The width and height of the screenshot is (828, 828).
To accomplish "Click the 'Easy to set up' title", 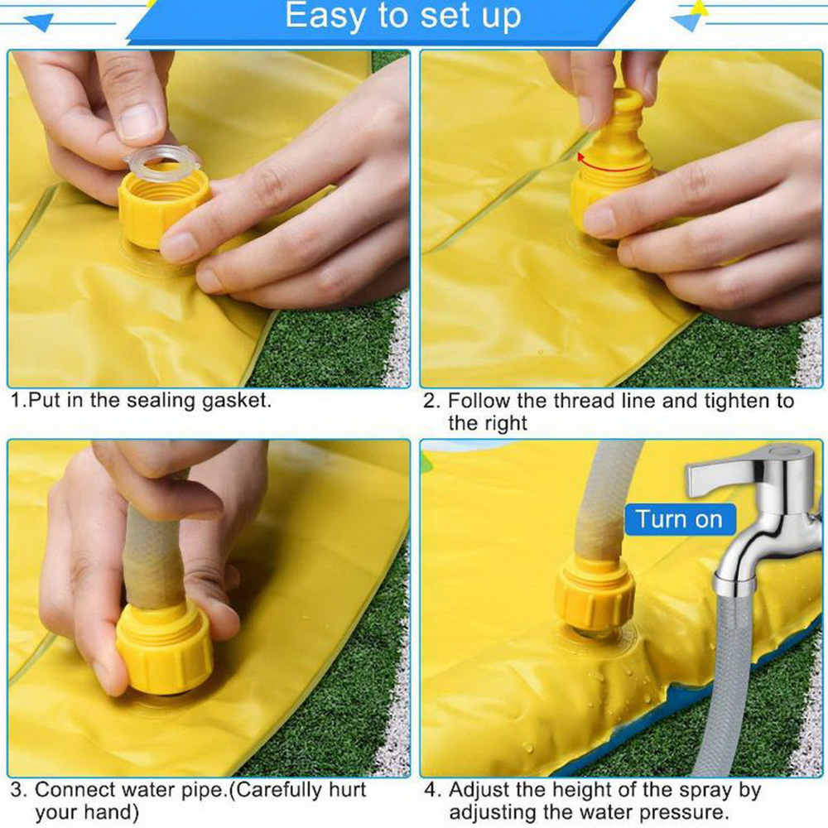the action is coord(403,17).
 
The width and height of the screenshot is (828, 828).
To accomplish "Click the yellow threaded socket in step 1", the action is coord(164,207).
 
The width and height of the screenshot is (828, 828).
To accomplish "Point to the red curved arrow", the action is coord(613,164).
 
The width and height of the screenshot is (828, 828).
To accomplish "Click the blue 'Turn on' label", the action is coord(679,520).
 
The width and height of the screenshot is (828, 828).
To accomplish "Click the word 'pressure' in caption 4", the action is coord(679,812).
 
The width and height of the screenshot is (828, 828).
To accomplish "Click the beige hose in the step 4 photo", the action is coord(607,502).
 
